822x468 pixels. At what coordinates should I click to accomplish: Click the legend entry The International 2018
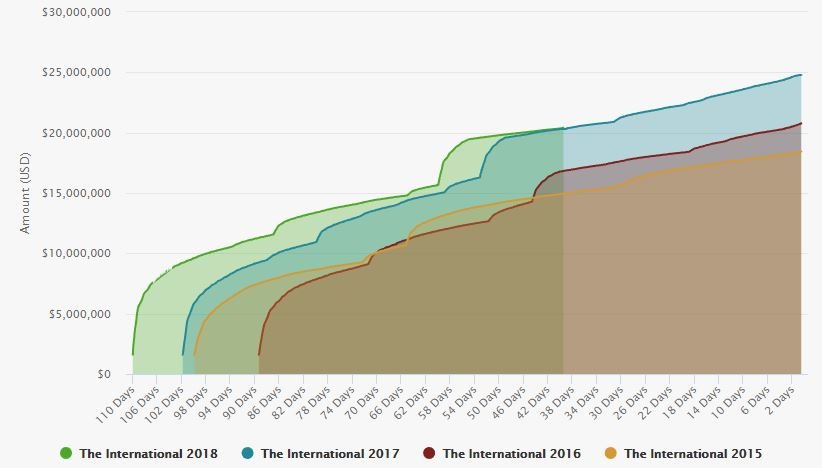138,453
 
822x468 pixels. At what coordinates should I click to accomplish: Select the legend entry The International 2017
320,453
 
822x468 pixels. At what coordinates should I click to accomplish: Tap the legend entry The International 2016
502,453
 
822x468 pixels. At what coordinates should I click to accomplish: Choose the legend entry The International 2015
683,453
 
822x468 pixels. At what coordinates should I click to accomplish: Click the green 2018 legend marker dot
66,453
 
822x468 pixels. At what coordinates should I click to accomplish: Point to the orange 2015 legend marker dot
610,453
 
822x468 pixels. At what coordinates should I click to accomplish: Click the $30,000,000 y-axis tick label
77,12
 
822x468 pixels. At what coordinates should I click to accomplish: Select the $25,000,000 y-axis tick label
77,72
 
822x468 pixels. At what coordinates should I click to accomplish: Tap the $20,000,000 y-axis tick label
77,133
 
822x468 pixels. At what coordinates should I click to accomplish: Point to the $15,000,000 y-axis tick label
77,193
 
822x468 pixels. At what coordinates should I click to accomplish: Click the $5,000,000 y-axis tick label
80,314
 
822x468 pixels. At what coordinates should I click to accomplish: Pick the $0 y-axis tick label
104,374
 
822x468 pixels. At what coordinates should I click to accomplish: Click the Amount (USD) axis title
25,193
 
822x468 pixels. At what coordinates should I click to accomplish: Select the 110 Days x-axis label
115,405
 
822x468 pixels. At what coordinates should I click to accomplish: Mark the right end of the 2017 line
801,75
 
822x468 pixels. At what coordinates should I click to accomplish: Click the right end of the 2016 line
801,123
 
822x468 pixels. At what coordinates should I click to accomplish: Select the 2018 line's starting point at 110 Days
133,354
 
